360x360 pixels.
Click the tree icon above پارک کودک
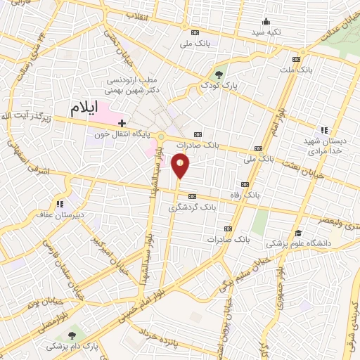219,74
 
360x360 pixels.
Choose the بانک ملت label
313,70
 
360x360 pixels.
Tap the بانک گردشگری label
189,208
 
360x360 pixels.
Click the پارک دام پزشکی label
70,347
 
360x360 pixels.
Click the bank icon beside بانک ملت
295,60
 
